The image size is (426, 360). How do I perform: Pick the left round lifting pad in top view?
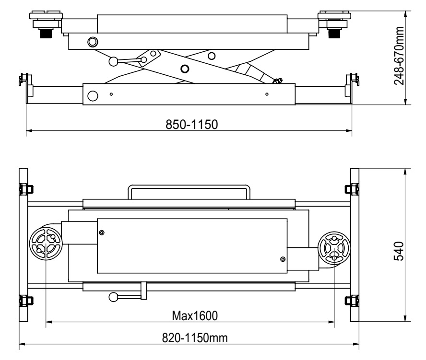[x=46, y=244]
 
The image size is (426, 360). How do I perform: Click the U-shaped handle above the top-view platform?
[x=188, y=191]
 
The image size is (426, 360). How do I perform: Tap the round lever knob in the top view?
[x=113, y=297]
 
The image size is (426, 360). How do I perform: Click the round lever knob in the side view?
[x=114, y=61]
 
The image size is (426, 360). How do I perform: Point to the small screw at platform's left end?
[x=102, y=232]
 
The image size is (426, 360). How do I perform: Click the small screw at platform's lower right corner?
[x=282, y=259]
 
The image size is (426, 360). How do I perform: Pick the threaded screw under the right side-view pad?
[x=333, y=33]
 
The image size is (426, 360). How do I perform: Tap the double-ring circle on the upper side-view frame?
[x=91, y=41]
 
